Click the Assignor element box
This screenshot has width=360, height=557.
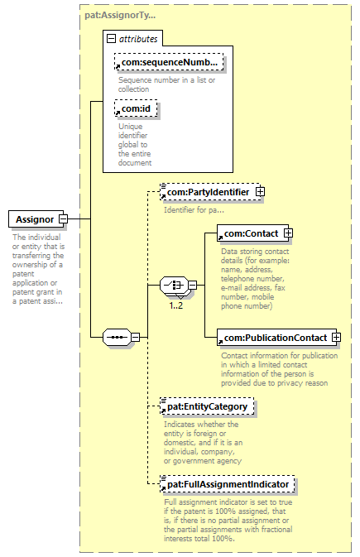(36, 219)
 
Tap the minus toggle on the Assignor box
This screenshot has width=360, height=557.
(63, 219)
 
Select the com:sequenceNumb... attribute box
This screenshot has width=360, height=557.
(169, 62)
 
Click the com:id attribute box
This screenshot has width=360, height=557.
(136, 108)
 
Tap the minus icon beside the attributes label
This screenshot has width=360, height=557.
(111, 38)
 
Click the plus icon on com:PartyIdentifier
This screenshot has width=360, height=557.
(260, 191)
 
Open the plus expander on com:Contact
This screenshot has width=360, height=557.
(288, 233)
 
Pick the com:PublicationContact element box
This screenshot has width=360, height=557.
(277, 338)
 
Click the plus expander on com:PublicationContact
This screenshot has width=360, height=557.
(336, 337)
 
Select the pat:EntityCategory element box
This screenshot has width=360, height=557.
(207, 406)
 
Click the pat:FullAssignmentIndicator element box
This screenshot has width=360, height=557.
(228, 484)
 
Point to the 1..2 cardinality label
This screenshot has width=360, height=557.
(176, 305)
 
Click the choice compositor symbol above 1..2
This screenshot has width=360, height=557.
(174, 285)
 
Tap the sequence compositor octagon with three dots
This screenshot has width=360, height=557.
(117, 337)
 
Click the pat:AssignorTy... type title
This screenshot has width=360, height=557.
(120, 15)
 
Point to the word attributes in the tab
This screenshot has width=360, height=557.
(138, 39)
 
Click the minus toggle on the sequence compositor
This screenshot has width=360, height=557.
(136, 337)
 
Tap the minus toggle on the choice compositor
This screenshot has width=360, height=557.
(193, 285)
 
